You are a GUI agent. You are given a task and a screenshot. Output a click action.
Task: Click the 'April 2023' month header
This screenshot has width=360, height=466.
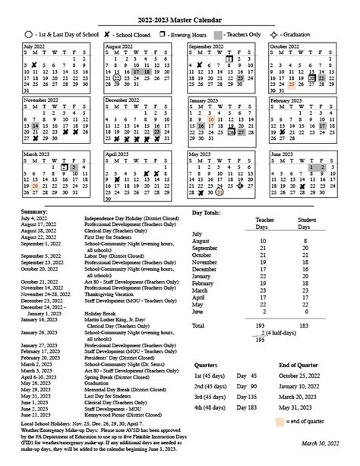click(120, 154)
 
